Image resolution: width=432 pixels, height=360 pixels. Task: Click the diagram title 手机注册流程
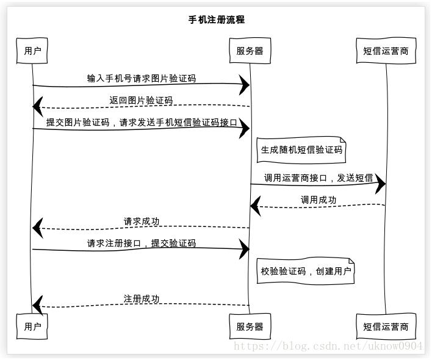click(x=217, y=20)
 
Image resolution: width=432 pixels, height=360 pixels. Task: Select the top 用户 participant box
click(x=32, y=51)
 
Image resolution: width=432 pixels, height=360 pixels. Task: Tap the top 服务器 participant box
click(x=250, y=51)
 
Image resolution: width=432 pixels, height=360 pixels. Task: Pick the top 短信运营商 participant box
click(x=386, y=51)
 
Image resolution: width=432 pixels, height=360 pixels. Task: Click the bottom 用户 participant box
click(x=32, y=326)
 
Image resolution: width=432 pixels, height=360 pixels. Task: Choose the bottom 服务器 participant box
click(x=250, y=326)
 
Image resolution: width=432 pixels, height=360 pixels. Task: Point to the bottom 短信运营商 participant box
click(x=386, y=326)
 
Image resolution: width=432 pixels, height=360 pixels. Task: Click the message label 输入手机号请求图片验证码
click(x=142, y=79)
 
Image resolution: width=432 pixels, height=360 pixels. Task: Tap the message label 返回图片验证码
click(x=141, y=100)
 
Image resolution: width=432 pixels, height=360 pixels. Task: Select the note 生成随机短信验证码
click(x=301, y=150)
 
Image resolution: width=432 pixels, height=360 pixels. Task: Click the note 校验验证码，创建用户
click(x=306, y=271)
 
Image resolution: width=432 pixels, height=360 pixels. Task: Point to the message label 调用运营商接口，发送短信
click(x=319, y=178)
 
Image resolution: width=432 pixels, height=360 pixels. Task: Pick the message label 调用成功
click(x=319, y=200)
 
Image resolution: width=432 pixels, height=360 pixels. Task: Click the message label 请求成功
click(x=142, y=221)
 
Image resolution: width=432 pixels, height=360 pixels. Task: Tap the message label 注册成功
click(x=142, y=299)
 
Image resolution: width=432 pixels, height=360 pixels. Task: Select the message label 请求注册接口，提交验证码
click(x=142, y=243)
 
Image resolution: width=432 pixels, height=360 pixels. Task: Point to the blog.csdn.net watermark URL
click(x=328, y=346)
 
